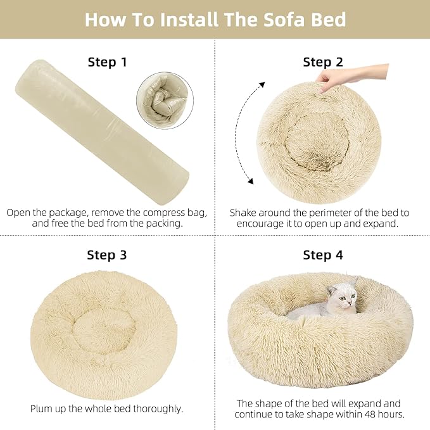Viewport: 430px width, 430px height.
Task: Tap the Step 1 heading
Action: [x=107, y=62]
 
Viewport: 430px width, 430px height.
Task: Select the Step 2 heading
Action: [x=322, y=62]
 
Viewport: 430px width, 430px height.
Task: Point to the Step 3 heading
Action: [x=107, y=255]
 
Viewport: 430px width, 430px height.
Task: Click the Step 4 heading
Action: [x=322, y=255]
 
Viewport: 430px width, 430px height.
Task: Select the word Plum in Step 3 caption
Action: [x=42, y=408]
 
